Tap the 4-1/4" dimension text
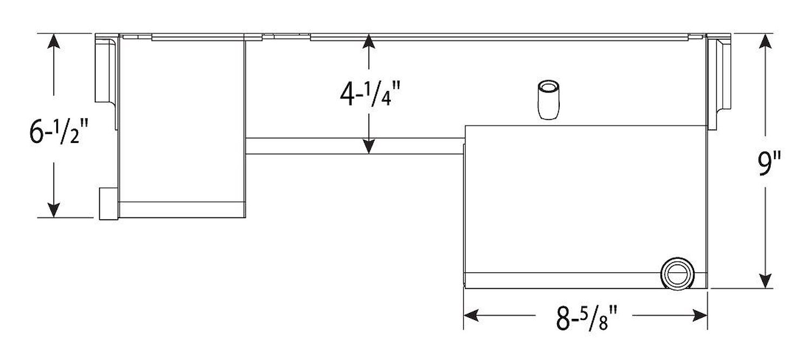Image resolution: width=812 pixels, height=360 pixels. coord(370,94)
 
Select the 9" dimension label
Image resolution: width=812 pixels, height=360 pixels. coord(769,164)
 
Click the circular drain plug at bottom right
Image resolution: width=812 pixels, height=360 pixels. coord(677,274)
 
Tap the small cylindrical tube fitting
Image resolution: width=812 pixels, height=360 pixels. coord(548,100)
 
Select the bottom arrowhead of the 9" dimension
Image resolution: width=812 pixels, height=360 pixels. coord(765,282)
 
